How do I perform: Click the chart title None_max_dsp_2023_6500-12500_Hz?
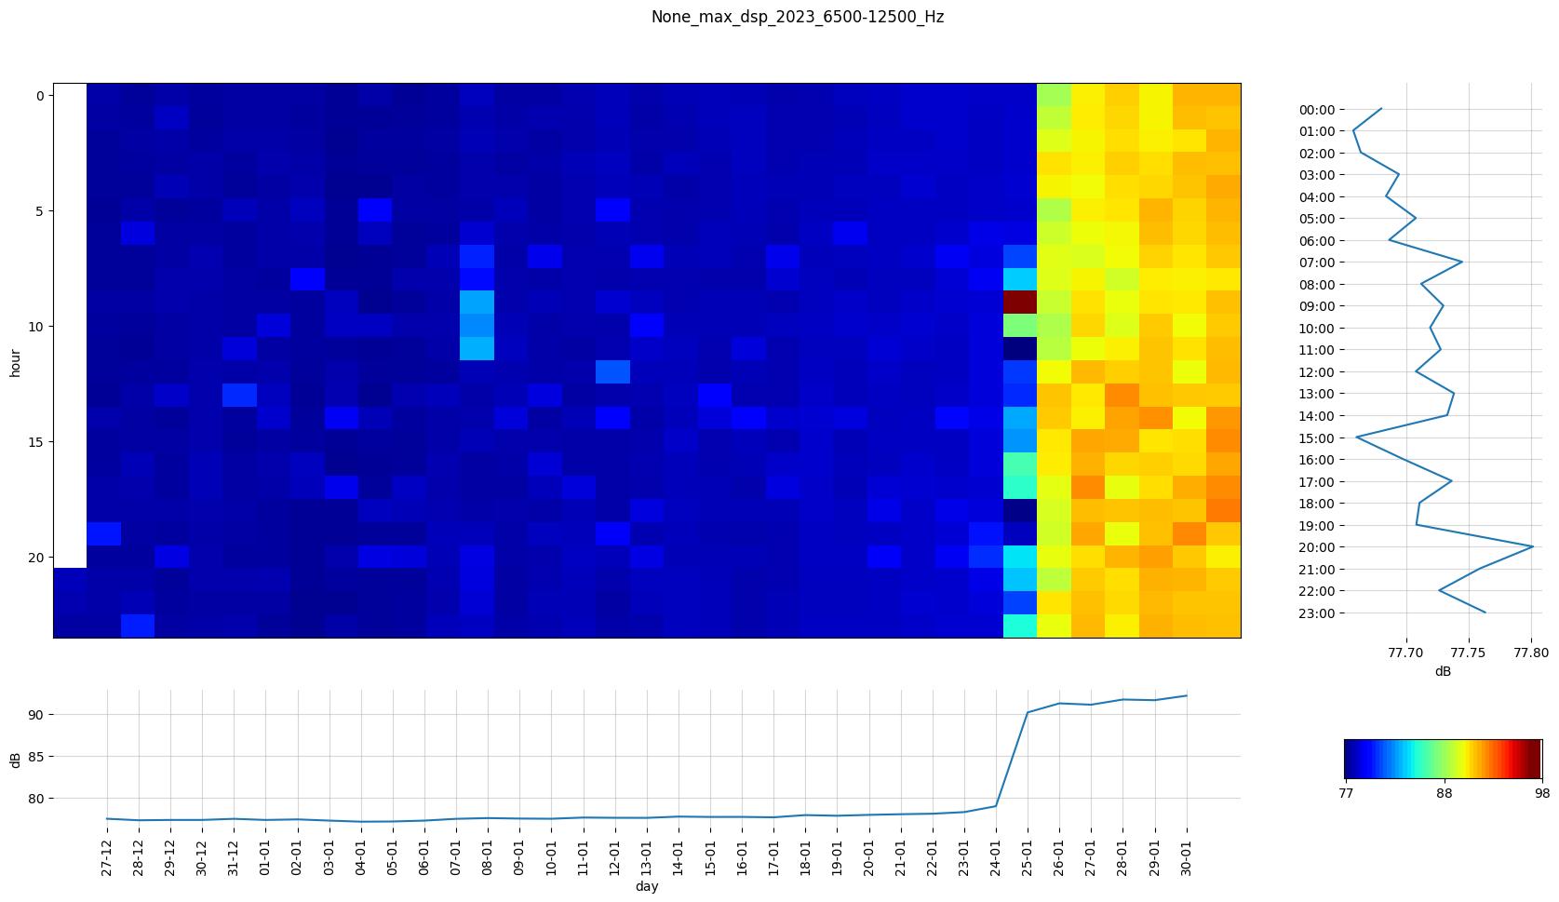(x=797, y=17)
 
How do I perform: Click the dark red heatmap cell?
(x=1019, y=303)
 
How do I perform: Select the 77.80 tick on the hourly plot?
(x=1531, y=653)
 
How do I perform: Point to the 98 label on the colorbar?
(x=1541, y=793)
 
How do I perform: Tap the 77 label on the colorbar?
(x=1345, y=793)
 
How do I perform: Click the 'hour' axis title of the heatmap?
(x=15, y=362)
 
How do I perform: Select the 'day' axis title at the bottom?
(x=647, y=887)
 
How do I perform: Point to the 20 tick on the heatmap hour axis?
(x=39, y=558)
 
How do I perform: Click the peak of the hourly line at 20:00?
(x=1532, y=546)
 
